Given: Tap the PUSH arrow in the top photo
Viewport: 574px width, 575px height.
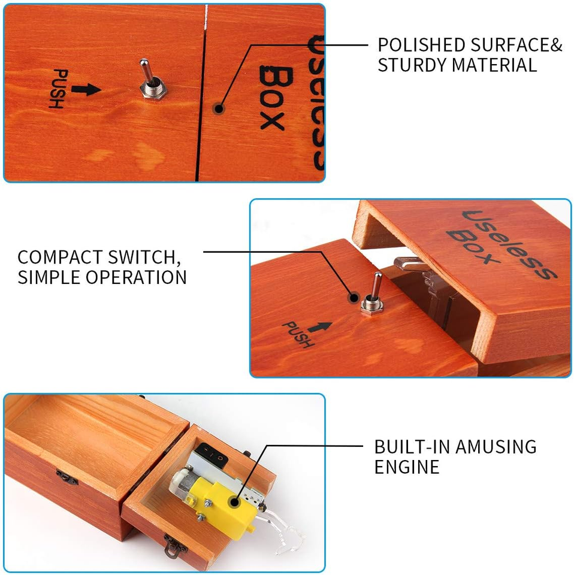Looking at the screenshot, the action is (x=86, y=89).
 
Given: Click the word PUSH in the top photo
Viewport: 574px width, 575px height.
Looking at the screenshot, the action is (x=58, y=89).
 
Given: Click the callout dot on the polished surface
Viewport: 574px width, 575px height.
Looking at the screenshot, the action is (x=219, y=108).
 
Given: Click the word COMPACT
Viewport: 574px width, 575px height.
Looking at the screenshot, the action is (x=60, y=257).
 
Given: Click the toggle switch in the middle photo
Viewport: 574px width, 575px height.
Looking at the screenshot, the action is (x=373, y=294).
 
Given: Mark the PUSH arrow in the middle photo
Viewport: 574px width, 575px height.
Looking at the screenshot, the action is (x=320, y=327).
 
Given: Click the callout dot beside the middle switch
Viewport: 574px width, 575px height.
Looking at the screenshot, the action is (x=354, y=298).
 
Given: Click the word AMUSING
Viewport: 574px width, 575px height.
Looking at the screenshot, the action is (x=496, y=447).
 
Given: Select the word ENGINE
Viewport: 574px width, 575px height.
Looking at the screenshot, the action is (x=407, y=467).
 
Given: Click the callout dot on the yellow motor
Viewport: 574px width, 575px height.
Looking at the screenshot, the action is (x=234, y=502).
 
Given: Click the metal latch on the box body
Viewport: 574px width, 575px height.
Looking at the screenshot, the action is (x=67, y=477).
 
